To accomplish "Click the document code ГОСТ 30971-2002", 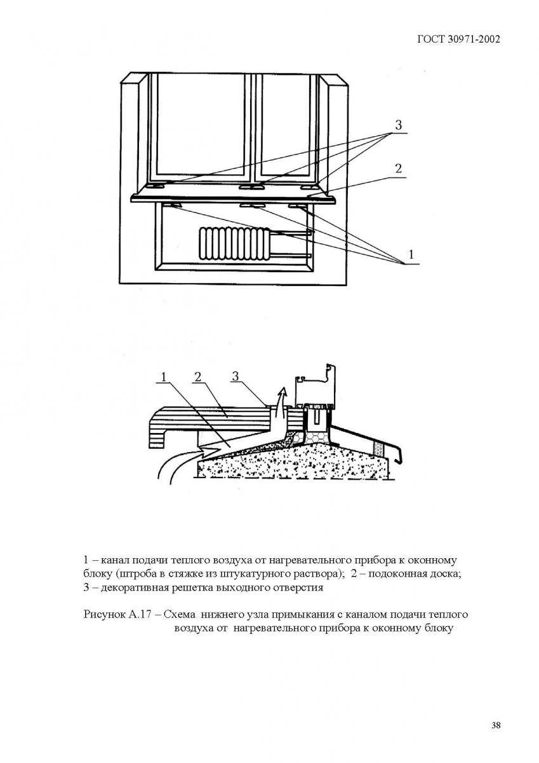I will pos(459,39).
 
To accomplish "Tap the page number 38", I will pos(496,725).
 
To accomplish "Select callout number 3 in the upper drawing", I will pos(398,125).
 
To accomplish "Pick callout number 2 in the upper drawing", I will pos(398,168).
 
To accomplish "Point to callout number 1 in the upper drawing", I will pos(411,254).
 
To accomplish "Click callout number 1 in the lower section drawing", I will pos(163,377).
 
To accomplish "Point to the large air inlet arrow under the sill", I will pos(184,462).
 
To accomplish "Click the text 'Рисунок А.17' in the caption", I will pos(112,615).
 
